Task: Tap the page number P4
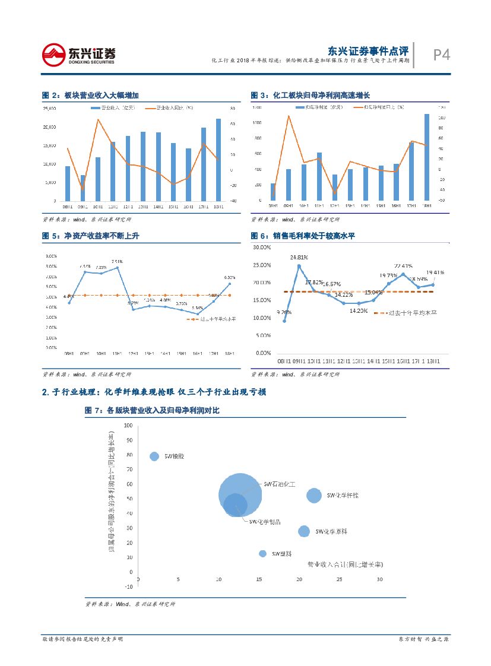tap(441, 55)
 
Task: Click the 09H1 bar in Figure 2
tap(83, 188)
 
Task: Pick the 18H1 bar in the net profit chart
tap(426, 157)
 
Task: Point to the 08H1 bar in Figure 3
tap(273, 192)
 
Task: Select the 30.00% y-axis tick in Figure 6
tap(262, 247)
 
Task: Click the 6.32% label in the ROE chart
tap(230, 277)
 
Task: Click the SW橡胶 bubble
tap(154, 456)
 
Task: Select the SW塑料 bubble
tap(262, 553)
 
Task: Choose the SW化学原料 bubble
tap(304, 531)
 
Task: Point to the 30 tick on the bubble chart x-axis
tap(379, 580)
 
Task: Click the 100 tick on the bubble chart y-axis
tap(128, 426)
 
